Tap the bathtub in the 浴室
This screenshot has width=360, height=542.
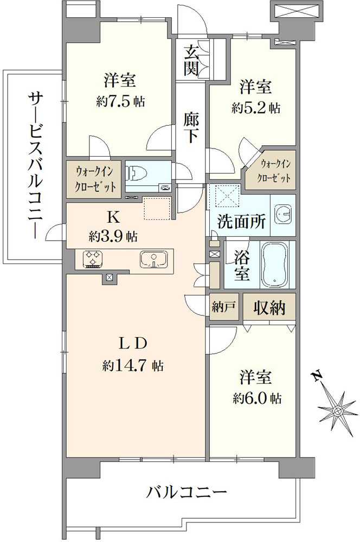275,264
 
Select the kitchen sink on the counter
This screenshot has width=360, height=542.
154,259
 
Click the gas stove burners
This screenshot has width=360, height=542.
92,259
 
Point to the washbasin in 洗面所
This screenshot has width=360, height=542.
283,214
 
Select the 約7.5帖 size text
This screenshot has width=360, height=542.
121,102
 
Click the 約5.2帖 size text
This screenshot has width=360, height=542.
256,108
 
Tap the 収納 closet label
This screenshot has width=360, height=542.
269,307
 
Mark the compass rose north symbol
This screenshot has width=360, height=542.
337,410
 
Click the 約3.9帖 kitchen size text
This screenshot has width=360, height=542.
113,236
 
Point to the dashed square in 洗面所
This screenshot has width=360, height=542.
226,197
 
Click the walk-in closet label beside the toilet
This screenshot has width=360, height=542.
94,179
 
